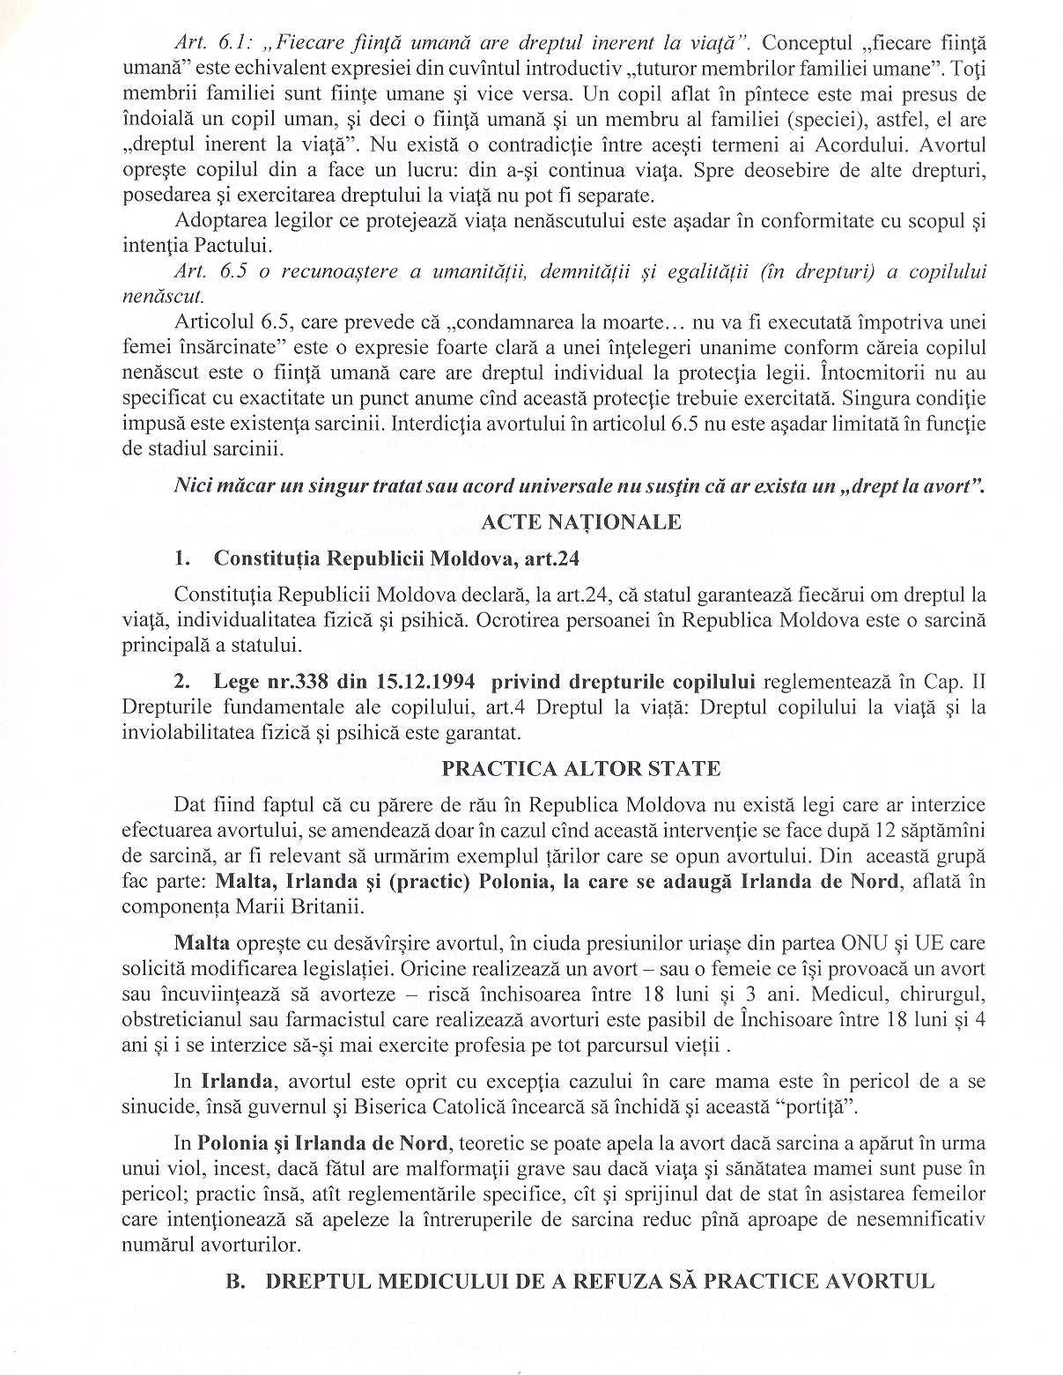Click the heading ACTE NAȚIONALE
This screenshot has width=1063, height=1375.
580,522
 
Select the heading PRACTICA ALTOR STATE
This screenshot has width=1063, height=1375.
580,769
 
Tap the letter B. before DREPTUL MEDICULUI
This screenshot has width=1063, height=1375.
236,1281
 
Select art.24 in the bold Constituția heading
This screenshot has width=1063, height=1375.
551,558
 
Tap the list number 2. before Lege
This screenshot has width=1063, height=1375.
182,682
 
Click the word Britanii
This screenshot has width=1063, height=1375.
331,907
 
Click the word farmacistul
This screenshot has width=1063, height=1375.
342,1021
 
